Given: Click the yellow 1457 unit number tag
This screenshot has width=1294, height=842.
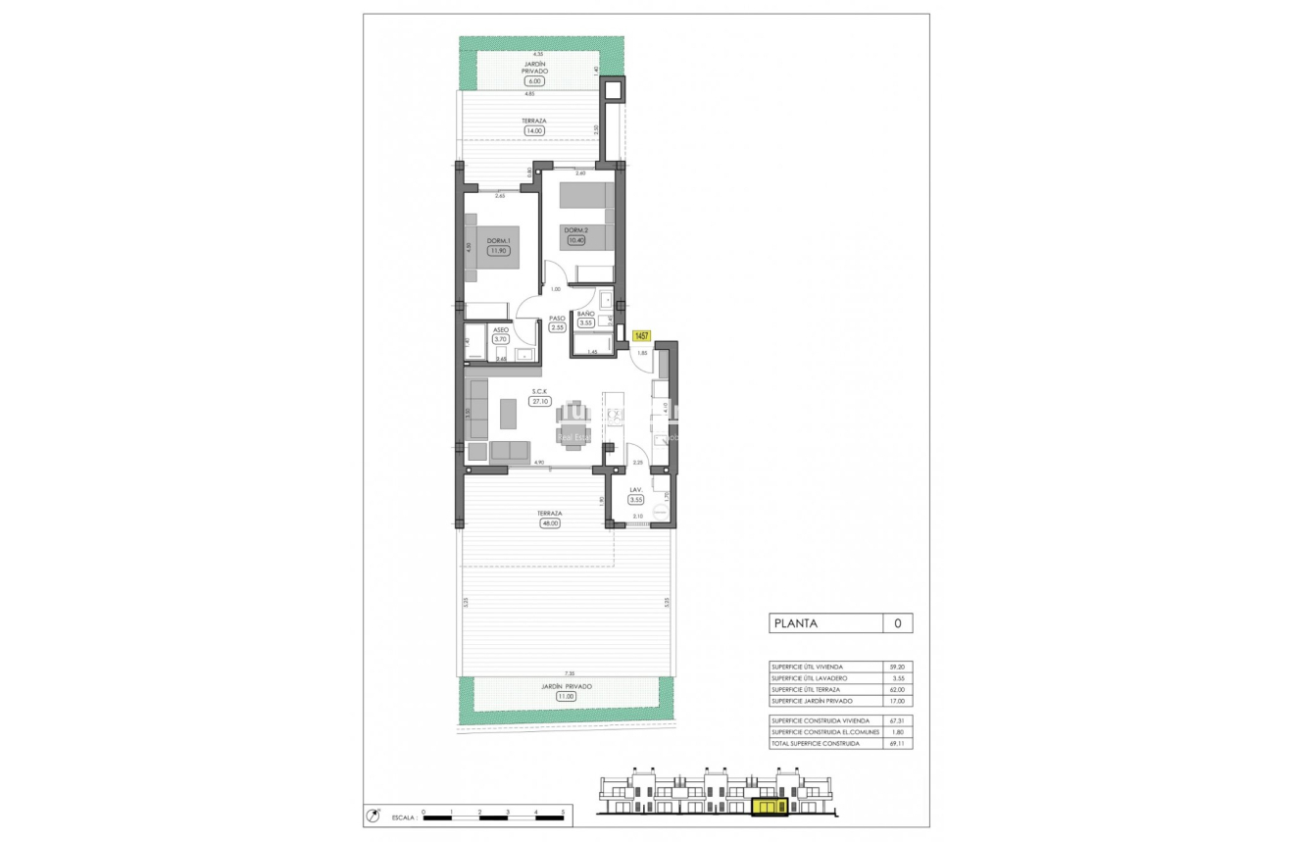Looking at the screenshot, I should point(642,335).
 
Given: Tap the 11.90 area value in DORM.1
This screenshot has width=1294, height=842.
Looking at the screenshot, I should point(499,251).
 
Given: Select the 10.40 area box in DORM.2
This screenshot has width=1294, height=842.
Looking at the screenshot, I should point(575,240).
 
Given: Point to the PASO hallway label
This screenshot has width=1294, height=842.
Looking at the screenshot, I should point(557,319).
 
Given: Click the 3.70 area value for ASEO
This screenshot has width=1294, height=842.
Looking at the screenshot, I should point(501,339).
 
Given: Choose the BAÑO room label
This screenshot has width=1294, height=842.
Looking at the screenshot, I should point(585,314).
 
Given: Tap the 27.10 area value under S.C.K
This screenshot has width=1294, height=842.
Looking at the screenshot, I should point(539,401).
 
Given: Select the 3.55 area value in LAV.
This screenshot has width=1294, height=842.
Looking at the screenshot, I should point(636,499).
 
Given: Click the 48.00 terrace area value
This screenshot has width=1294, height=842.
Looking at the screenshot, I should point(549,523).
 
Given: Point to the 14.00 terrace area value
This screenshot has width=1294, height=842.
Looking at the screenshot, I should point(533,130).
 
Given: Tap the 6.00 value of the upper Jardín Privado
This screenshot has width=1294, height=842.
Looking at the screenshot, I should point(534,81).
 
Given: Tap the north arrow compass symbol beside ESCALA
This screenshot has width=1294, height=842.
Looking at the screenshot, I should point(373,815).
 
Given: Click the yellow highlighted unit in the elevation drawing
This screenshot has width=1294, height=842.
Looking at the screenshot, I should point(769,807).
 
